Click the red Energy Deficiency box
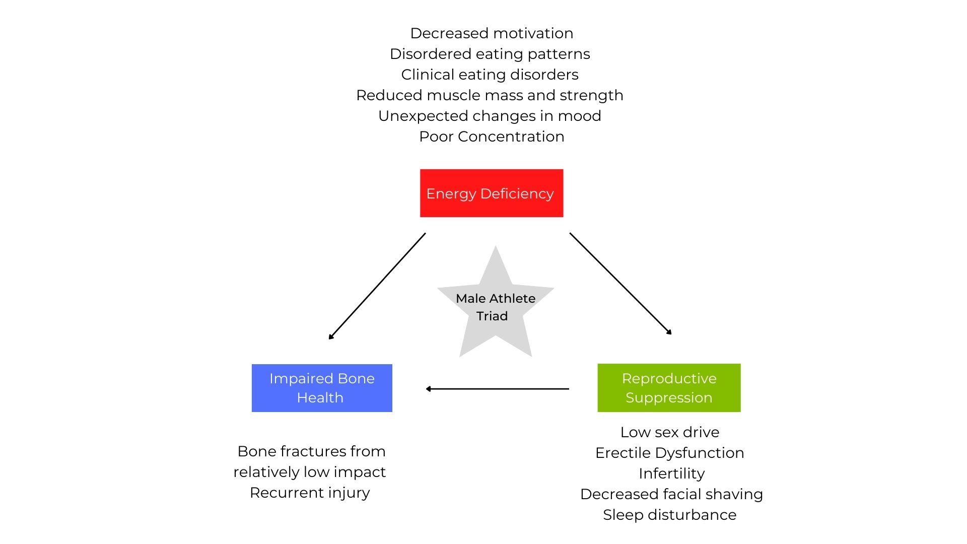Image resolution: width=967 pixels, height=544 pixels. tap(492, 193)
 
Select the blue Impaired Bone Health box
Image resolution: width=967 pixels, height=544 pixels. tap(322, 388)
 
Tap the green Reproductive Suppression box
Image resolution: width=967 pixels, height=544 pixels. tap(669, 388)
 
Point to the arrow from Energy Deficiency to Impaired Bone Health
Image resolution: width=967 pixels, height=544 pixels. tap(377, 286)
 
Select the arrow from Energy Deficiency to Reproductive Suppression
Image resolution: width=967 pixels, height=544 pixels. tap(620, 283)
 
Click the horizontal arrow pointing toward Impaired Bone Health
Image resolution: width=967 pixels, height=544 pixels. tap(498, 389)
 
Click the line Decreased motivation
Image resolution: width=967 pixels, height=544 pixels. tap(492, 33)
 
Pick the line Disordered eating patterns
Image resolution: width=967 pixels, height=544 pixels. tap(490, 54)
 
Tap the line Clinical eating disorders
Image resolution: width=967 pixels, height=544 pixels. tap(490, 75)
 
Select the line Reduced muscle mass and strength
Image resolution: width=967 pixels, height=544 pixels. tap(490, 95)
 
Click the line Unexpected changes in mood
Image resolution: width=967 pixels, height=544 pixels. tap(490, 116)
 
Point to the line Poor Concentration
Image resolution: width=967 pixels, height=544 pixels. tap(492, 137)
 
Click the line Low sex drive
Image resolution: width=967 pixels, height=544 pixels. tap(670, 432)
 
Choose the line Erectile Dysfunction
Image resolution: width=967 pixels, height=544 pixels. tap(670, 453)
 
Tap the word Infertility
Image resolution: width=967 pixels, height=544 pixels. tap(671, 473)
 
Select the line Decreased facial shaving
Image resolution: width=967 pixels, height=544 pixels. tap(671, 494)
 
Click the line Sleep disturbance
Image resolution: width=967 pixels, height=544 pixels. tap(670, 515)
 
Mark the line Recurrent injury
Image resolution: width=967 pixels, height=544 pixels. tap(310, 493)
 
